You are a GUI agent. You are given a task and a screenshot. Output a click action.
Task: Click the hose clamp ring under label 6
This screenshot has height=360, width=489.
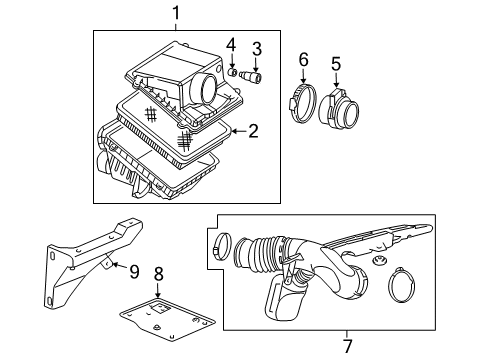click(x=301, y=101)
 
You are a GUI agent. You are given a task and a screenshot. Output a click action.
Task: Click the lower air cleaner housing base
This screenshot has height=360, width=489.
click(x=150, y=175)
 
